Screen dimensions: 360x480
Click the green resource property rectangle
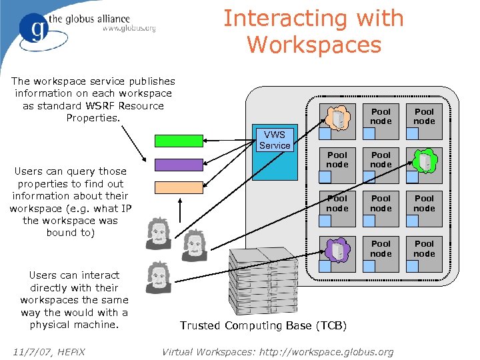point(178,140)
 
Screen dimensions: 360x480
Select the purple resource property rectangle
point(178,164)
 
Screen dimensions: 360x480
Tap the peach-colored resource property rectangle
point(178,187)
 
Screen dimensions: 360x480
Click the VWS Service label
point(275,140)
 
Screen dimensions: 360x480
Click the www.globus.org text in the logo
point(129,29)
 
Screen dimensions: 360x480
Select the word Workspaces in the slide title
point(314,45)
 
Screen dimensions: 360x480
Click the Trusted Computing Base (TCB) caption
point(263,325)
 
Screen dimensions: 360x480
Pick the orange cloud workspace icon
point(339,117)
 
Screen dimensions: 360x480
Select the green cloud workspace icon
point(424,160)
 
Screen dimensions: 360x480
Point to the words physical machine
point(74,325)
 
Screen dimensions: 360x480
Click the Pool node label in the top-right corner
point(424,116)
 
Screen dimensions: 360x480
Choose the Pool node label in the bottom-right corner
point(424,248)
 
